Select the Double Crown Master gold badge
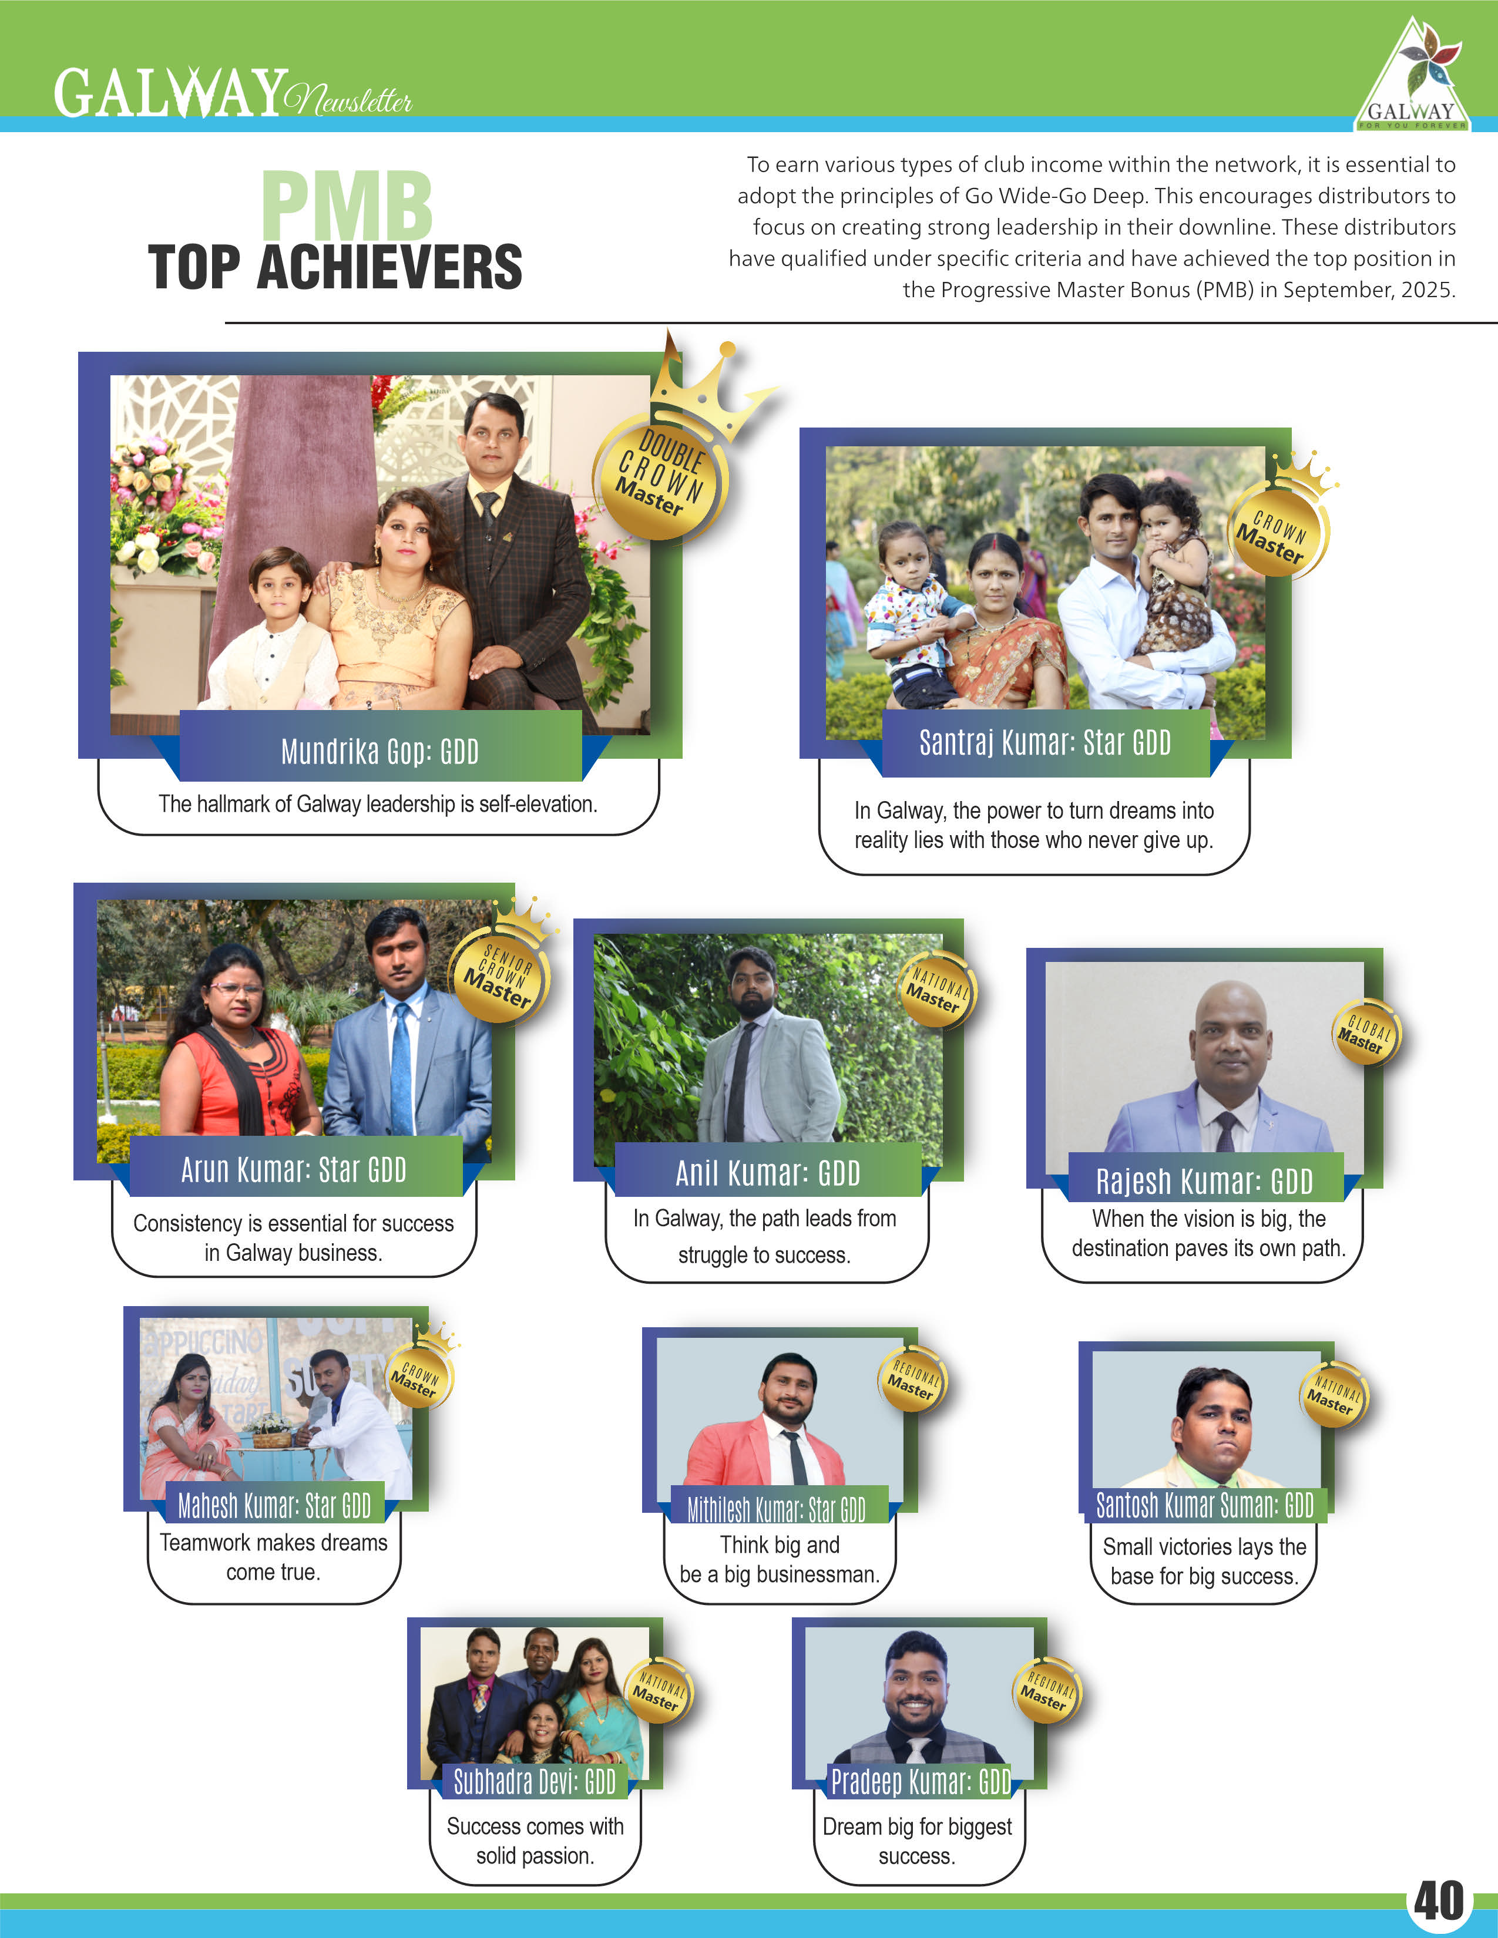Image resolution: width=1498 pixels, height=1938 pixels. [x=661, y=475]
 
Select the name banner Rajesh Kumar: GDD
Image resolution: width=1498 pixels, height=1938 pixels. [x=1204, y=1180]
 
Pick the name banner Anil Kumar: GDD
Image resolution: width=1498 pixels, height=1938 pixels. [x=768, y=1172]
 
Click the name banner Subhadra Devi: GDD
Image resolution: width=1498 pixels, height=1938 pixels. [x=534, y=1781]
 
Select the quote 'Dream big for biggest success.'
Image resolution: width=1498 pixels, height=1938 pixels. [x=917, y=1841]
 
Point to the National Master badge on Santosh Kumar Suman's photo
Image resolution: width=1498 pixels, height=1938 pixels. [x=1333, y=1394]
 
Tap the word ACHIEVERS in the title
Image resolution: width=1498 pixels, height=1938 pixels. [x=389, y=267]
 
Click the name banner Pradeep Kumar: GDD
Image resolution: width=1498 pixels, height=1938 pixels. [x=919, y=1781]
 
